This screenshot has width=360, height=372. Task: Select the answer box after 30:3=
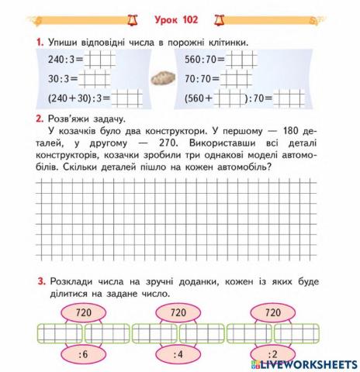(x=95, y=78)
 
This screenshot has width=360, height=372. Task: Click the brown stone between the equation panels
(x=164, y=78)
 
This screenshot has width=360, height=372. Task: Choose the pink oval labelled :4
(x=178, y=356)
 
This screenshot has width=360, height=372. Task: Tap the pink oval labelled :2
(x=273, y=356)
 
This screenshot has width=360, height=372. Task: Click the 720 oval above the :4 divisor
(x=178, y=312)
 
